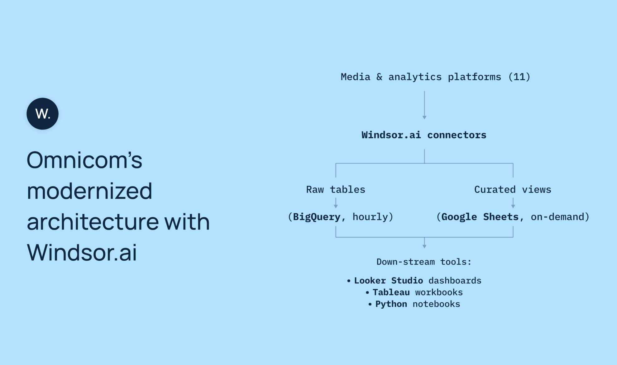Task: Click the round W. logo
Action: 42,114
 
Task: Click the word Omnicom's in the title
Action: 84,160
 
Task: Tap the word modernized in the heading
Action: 89,191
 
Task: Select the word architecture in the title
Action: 93,222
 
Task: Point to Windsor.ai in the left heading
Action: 82,253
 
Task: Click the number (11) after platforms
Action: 519,77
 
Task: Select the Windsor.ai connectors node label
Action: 424,135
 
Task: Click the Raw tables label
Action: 336,190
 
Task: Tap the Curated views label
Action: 513,190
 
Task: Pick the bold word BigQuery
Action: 317,217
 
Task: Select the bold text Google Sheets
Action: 480,217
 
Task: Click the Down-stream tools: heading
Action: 424,262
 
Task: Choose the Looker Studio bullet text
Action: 389,281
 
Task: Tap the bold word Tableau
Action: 391,292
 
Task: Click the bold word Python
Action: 391,304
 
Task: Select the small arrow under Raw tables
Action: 336,203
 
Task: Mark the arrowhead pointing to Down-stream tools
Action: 424,246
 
